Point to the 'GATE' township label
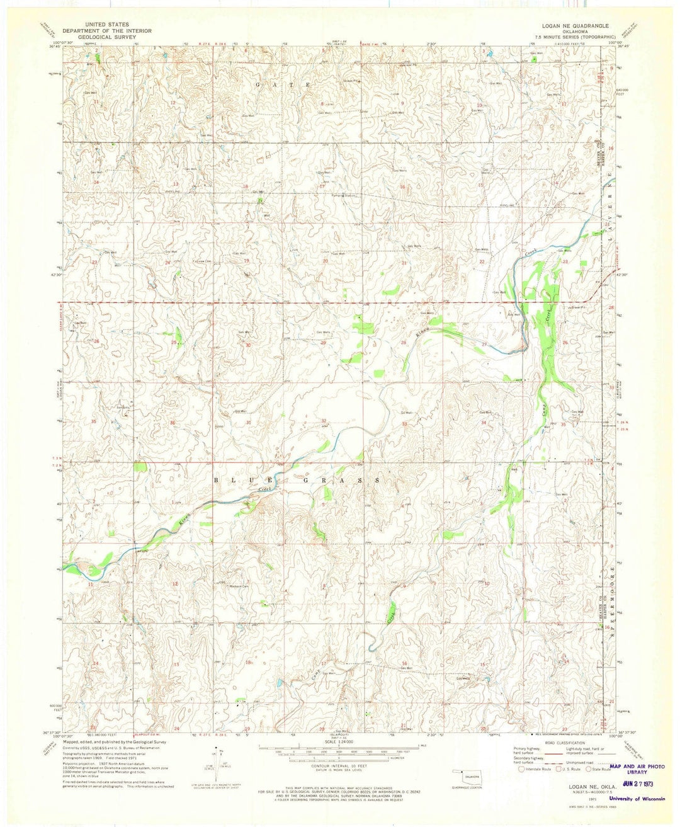coord(283,84)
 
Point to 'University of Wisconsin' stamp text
coord(637,799)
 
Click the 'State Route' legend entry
coord(599,769)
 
